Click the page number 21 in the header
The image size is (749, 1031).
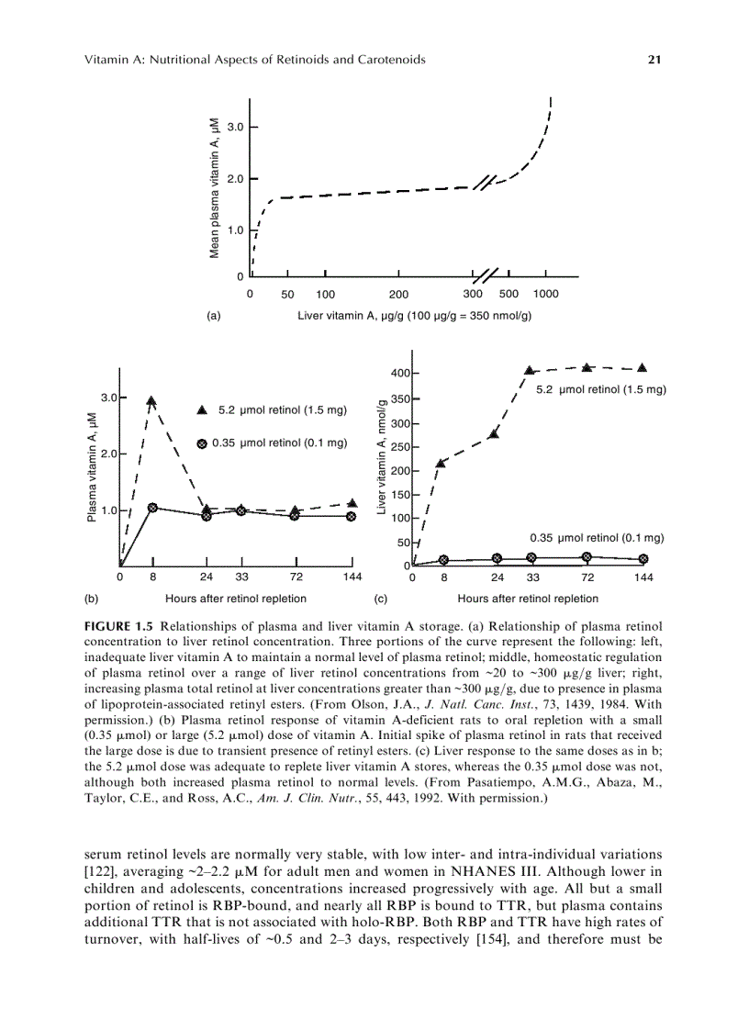point(654,60)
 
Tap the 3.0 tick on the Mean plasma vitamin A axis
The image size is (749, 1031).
point(235,127)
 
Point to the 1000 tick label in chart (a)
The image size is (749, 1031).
point(545,294)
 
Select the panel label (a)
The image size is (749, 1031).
point(214,315)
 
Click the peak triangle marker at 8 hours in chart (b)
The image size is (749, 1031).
point(151,400)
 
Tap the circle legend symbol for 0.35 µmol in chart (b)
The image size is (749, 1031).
point(202,443)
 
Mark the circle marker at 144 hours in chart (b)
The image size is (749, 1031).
point(351,516)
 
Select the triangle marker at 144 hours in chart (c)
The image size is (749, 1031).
point(642,368)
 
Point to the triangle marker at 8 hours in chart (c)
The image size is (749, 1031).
point(441,463)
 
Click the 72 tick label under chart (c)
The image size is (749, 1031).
point(587,577)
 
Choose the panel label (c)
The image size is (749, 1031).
point(385,599)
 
